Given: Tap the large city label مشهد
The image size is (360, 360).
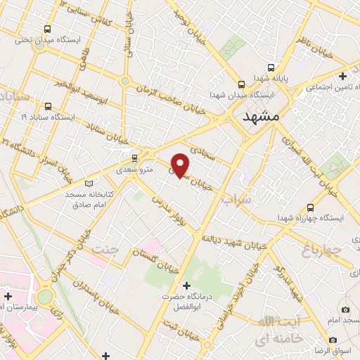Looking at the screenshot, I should point(260,117).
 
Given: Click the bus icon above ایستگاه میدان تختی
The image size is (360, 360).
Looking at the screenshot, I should point(47,30).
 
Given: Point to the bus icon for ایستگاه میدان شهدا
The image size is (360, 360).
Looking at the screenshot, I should point(241,82).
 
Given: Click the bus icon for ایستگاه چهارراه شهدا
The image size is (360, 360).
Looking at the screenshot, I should point(311,207).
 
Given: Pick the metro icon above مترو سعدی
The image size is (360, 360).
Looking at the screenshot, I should point(134,158).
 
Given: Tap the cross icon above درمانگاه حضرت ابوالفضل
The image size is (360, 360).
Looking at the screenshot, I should point(186,285).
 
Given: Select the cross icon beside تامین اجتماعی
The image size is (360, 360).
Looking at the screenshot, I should point(342,76).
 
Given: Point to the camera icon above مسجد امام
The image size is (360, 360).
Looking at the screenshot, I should point(345,309).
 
